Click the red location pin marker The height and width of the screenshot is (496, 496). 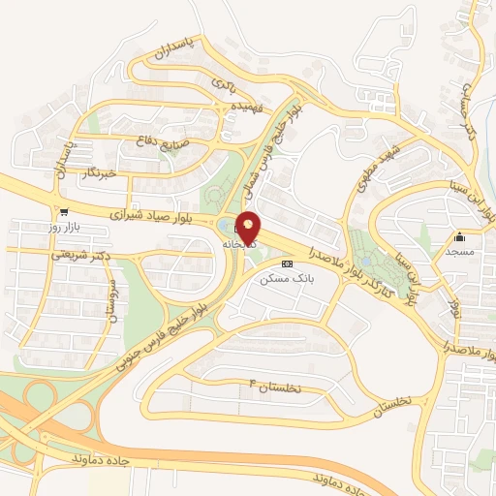coord(249,228)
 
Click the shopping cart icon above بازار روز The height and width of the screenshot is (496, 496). coord(64,211)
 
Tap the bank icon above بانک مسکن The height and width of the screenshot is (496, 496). coord(286,263)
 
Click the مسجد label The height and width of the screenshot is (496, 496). coord(459,252)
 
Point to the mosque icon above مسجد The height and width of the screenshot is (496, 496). coord(459,237)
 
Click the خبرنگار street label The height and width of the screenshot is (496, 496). coord(99,172)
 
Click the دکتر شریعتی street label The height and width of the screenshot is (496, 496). coord(77,255)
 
